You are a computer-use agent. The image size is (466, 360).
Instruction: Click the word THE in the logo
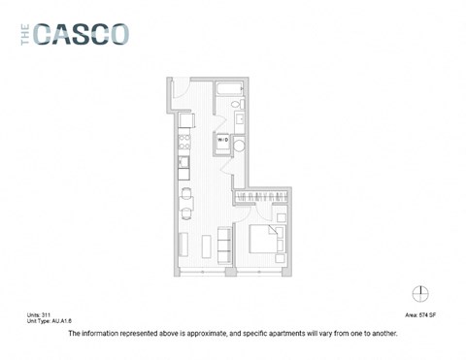23,34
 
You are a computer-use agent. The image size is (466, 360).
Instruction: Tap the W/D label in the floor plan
222,141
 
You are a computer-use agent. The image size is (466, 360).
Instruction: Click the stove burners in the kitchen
183,141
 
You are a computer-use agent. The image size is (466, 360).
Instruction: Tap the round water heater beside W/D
239,143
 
